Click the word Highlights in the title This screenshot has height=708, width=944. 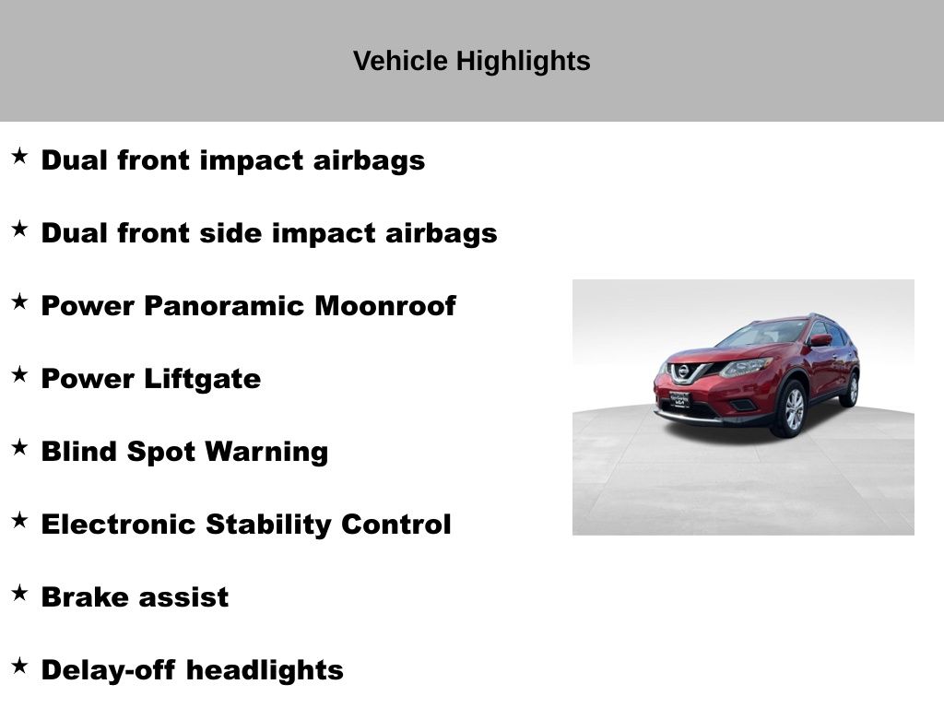click(x=523, y=62)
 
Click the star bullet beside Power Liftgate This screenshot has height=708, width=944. click(x=19, y=374)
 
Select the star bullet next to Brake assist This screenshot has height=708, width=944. click(x=19, y=593)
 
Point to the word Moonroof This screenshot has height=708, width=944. click(x=385, y=306)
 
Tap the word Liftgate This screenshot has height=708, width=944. click(x=202, y=380)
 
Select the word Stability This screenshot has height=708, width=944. click(x=268, y=525)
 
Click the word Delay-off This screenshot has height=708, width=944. click(x=109, y=671)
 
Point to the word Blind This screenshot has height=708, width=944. click(x=79, y=452)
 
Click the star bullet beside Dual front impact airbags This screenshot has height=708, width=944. click(x=19, y=156)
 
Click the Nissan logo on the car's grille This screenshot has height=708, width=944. click(x=683, y=372)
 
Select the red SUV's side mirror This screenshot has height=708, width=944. click(x=820, y=341)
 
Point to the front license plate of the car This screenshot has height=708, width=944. click(x=679, y=399)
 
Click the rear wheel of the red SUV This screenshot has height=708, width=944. click(x=851, y=390)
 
